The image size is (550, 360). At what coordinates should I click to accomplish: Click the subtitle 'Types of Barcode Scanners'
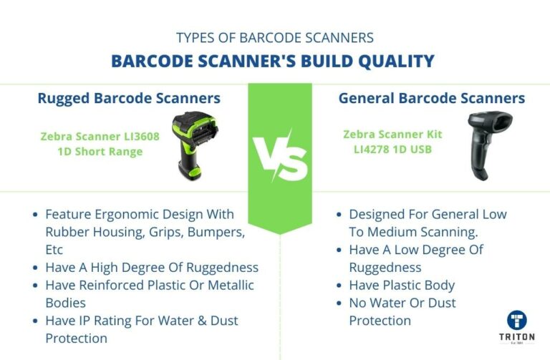pyautogui.click(x=274, y=37)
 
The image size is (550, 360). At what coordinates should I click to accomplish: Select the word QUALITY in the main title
pyautogui.click(x=395, y=61)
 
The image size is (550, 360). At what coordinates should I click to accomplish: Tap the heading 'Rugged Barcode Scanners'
pyautogui.click(x=129, y=98)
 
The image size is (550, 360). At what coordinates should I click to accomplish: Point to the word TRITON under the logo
pyautogui.click(x=516, y=336)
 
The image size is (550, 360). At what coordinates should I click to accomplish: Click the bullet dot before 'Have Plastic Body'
pyautogui.click(x=339, y=286)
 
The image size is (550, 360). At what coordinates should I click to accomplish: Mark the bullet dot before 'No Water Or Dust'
pyautogui.click(x=339, y=303)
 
